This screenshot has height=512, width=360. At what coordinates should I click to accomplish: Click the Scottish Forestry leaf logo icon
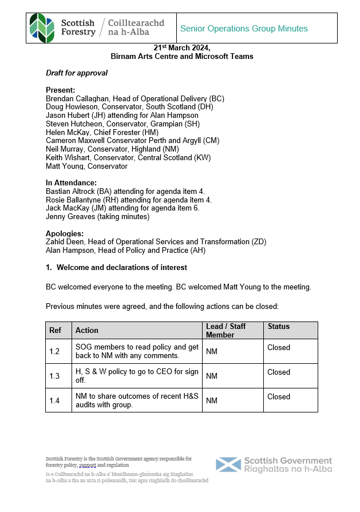pyautogui.click(x=42, y=28)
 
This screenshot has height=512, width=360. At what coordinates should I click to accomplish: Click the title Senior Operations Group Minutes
pyautogui.click(x=244, y=29)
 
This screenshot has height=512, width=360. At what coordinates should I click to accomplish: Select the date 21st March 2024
pyautogui.click(x=182, y=49)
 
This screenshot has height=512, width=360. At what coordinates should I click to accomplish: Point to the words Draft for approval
pyautogui.click(x=77, y=73)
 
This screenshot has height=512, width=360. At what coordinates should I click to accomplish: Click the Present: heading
pyautogui.click(x=60, y=90)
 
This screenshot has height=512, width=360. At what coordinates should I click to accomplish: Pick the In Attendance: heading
pyautogui.click(x=71, y=182)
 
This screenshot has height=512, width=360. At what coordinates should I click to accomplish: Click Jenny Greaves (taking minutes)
pyautogui.click(x=97, y=217)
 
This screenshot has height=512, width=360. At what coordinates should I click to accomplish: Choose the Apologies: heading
pyautogui.click(x=65, y=233)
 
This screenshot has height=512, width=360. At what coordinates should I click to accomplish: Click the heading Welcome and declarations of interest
pyautogui.click(x=122, y=267)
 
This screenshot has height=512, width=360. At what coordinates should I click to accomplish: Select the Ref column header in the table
pyautogui.click(x=56, y=330)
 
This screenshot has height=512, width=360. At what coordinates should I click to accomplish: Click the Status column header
pyautogui.click(x=279, y=327)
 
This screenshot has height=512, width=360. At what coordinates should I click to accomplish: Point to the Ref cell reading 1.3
pyautogui.click(x=54, y=376)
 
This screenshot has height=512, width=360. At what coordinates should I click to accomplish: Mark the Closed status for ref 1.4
pyautogui.click(x=279, y=396)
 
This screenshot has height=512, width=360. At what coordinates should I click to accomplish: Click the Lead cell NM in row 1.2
pyautogui.click(x=212, y=351)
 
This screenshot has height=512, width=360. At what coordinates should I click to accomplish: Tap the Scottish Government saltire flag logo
pyautogui.click(x=228, y=465)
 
